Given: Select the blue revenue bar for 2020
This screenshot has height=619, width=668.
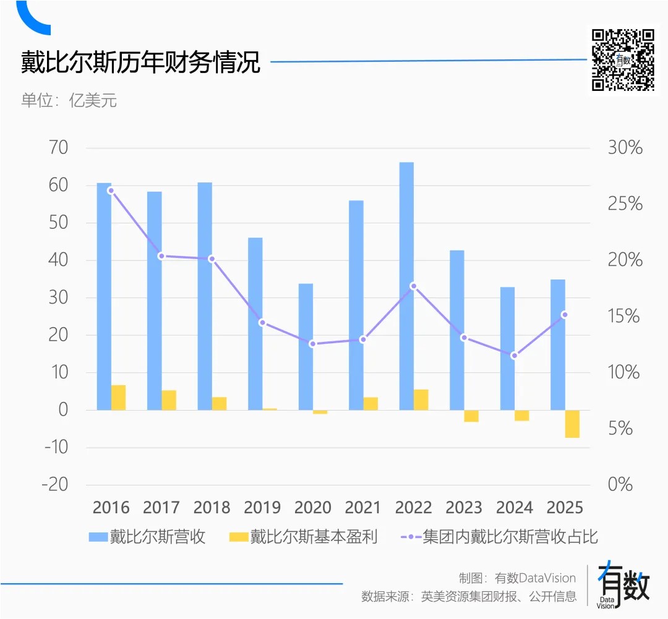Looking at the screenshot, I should click(306, 346).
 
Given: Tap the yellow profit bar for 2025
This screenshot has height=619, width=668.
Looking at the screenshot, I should click(572, 424).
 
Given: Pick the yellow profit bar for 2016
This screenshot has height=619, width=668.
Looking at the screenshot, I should click(118, 398).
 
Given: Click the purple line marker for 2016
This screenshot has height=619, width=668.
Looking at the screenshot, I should click(111, 190).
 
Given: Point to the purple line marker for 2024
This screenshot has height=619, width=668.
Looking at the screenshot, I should click(514, 356).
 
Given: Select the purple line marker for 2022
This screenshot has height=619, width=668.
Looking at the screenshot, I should click(413, 286).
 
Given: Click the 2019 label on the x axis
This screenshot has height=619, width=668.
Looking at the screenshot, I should click(262, 508).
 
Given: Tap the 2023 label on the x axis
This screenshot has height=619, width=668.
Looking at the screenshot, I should click(464, 508).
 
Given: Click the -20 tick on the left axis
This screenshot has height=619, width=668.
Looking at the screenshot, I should click(54, 484).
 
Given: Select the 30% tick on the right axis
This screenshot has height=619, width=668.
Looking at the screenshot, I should click(625, 148).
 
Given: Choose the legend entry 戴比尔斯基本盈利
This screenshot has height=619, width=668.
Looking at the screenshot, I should click(303, 537).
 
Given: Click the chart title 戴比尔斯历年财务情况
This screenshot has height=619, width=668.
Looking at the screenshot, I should click(140, 63).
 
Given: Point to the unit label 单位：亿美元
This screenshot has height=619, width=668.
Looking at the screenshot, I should click(69, 100).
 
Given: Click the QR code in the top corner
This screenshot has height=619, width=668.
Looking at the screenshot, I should click(623, 59).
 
